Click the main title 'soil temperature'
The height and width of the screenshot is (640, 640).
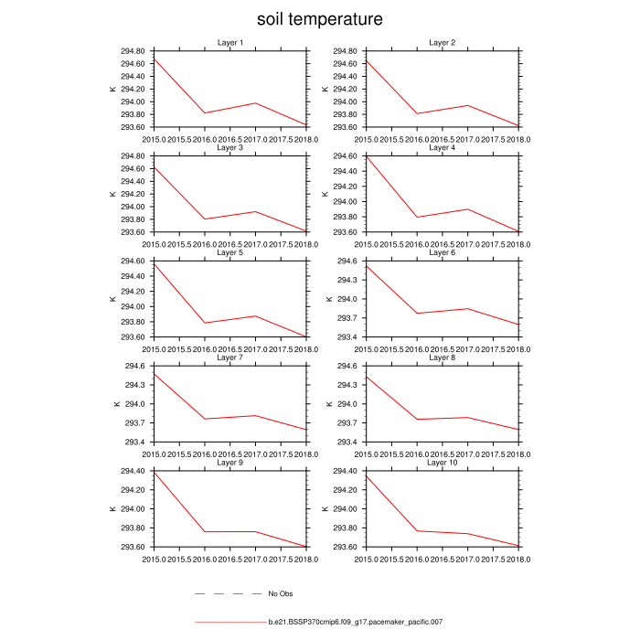[x=319, y=19]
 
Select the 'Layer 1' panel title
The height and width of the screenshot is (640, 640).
[x=230, y=43]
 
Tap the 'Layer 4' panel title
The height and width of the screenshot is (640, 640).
[x=442, y=147]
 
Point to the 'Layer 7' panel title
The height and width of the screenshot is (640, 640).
[x=230, y=357]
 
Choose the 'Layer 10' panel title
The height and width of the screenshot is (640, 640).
[x=442, y=463]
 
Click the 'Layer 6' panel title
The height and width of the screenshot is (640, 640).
[x=442, y=252]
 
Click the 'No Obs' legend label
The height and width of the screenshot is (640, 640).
[x=280, y=594]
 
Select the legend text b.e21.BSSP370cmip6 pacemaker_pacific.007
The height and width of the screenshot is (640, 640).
[x=356, y=622]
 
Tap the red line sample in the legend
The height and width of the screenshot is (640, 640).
[x=229, y=622]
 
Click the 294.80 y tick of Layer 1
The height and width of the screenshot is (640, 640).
[x=133, y=51]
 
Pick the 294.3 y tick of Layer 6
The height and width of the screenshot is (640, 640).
[x=348, y=280]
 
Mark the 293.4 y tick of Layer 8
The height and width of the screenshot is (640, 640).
[x=348, y=442]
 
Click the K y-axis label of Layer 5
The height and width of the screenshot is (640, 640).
[x=112, y=299]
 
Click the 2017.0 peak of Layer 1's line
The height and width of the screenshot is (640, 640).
[x=255, y=103]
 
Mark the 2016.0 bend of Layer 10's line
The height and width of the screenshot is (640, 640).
[x=416, y=531]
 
